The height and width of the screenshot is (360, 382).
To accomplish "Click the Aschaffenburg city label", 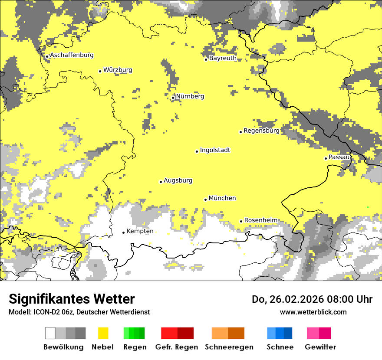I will (72, 55).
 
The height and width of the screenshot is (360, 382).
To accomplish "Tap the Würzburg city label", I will (118, 70).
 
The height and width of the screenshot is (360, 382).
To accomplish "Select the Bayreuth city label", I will (223, 58).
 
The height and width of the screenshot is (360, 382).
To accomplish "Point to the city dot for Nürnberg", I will (173, 98).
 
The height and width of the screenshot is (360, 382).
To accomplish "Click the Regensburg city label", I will (261, 131).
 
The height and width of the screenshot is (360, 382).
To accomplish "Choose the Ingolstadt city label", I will (215, 150).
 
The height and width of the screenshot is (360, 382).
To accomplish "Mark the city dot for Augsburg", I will (161, 182).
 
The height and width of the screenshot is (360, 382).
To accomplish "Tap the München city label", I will (222, 198).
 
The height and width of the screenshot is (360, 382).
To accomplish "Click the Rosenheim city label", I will (261, 220).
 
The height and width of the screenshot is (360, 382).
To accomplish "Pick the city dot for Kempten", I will (123, 232).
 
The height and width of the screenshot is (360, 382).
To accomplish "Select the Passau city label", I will (339, 157).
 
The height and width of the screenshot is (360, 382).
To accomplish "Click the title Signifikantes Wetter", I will (72, 299).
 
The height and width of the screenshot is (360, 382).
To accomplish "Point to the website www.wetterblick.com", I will (313, 312).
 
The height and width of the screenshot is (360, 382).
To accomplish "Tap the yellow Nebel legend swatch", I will (103, 333).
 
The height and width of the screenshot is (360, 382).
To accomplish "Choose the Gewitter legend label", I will (320, 347).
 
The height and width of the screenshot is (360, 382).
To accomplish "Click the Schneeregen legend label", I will (229, 347).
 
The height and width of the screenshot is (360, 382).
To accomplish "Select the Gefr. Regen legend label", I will (176, 347).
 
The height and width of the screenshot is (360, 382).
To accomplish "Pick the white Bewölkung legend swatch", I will (50, 333).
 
